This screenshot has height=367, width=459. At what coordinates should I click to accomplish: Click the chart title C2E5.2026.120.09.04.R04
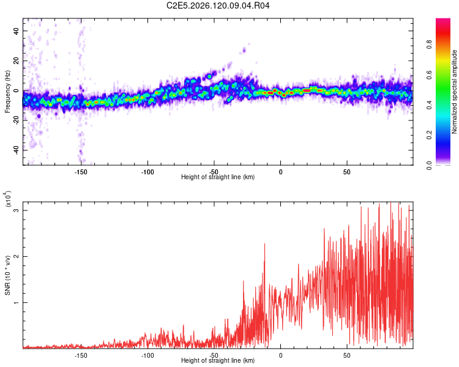(218, 6)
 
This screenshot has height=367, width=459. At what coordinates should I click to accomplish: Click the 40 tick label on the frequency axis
(17, 31)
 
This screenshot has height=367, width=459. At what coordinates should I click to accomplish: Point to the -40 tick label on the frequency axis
(17, 150)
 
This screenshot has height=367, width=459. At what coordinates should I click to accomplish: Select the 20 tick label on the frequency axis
(17, 61)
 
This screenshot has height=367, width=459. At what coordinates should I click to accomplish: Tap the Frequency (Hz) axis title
(7, 92)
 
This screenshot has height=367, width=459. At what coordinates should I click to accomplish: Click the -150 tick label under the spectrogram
(81, 172)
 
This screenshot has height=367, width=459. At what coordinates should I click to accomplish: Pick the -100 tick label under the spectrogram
(147, 172)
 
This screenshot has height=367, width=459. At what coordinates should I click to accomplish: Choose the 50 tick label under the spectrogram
(347, 172)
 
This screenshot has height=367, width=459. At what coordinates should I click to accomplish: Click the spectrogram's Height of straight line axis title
(218, 177)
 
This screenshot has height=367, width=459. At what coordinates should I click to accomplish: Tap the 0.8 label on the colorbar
(430, 45)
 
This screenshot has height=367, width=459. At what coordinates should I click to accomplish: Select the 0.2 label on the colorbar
(430, 135)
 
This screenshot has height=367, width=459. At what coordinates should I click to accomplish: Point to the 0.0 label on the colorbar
(430, 165)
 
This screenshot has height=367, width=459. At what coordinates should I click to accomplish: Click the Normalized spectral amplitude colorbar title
(454, 92)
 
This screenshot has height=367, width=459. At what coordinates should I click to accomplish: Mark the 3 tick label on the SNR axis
(17, 210)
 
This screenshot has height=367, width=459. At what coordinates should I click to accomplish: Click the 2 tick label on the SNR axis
(17, 256)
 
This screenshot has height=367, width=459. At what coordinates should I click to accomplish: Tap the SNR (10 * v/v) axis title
(7, 275)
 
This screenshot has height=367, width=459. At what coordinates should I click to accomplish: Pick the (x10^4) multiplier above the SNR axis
(8, 199)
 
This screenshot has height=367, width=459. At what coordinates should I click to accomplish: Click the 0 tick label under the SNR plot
(280, 355)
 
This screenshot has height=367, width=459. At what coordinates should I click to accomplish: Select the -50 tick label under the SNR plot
(214, 355)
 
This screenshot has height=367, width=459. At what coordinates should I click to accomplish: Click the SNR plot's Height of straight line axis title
(218, 360)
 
